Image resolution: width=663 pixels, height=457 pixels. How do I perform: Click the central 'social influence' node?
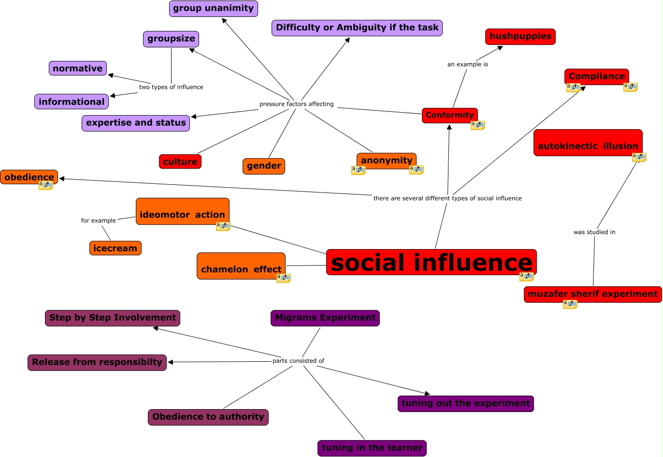[x=431, y=262]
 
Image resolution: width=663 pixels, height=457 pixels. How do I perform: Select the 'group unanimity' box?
[x=213, y=8]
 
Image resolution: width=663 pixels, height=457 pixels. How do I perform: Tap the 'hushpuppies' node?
[x=520, y=36]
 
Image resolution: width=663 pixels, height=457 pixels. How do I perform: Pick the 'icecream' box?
[x=115, y=248]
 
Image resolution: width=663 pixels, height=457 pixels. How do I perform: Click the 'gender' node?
[x=263, y=166]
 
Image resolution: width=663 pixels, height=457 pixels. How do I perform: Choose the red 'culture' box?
[x=180, y=162]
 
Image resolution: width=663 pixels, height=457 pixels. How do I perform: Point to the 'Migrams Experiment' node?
[x=325, y=318]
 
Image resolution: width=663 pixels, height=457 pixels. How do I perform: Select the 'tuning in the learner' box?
[x=372, y=448]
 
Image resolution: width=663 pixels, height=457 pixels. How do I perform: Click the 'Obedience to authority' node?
[x=208, y=417]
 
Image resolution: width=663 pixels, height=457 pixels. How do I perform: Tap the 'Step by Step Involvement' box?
[x=112, y=318]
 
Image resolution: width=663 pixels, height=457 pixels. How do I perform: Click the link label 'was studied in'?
[x=594, y=232]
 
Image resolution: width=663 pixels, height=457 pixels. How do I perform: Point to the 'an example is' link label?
[x=467, y=64]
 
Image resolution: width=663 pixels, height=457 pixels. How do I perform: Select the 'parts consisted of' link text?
[x=298, y=361]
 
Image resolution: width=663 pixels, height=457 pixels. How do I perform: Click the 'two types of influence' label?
[x=171, y=88]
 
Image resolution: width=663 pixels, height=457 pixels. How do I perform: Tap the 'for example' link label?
[x=98, y=221]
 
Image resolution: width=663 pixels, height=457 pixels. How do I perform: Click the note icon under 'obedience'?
[x=45, y=185]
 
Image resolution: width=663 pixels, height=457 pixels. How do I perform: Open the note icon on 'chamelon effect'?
[x=283, y=278]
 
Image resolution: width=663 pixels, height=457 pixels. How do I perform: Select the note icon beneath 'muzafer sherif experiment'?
[x=570, y=304]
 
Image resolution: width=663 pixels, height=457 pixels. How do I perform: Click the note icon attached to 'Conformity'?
[x=477, y=125]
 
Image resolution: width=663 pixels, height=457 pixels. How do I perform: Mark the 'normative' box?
[x=77, y=68]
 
